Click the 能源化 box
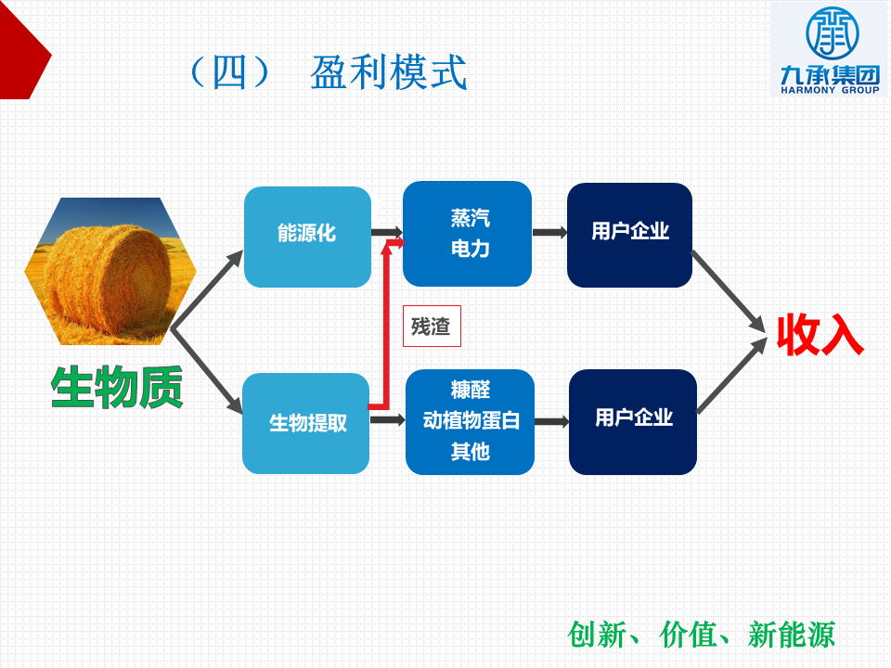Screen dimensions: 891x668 [x=307, y=237]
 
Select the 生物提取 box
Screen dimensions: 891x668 [x=305, y=423]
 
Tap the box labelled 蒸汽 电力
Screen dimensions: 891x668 [x=467, y=234]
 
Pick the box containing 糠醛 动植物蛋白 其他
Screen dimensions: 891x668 [x=470, y=421]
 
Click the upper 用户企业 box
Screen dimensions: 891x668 [x=629, y=235]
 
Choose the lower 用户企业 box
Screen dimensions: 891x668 [x=633, y=421]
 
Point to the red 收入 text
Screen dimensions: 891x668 [x=820, y=335]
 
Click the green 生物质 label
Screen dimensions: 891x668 [x=117, y=387]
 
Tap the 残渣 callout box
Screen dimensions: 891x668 [x=432, y=326]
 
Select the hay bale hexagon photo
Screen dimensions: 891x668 [x=110, y=271]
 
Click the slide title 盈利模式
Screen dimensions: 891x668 [x=389, y=72]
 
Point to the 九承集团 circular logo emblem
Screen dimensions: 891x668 [x=832, y=33]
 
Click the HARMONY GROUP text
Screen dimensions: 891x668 [x=830, y=90]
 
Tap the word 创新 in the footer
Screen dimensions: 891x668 [x=597, y=635]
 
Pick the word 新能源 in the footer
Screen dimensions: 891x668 [x=792, y=635]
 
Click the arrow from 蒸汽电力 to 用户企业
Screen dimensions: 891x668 [x=550, y=232]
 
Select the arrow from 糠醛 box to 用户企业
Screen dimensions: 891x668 [x=552, y=421]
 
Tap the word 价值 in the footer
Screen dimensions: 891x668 [x=688, y=635]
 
